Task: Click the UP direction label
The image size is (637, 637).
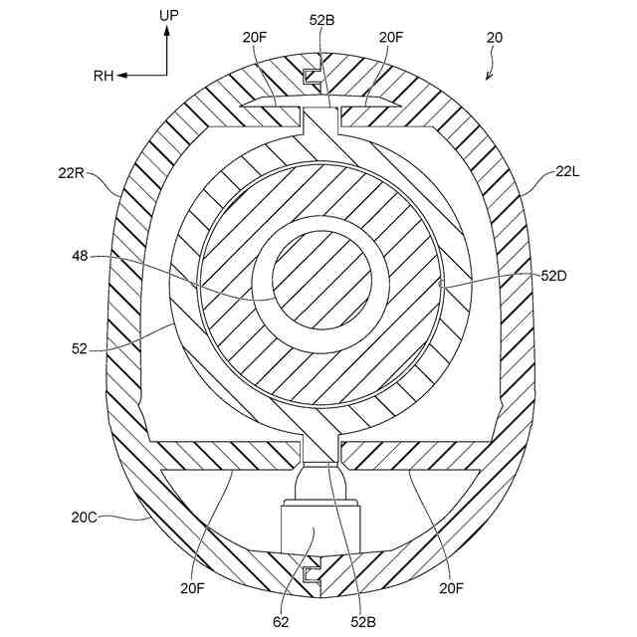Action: pos(168,15)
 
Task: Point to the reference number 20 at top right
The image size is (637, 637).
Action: pos(495,38)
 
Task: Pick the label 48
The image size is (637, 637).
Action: pos(79,256)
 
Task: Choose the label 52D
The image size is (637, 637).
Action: pos(554,277)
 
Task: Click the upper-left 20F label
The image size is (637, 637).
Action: pos(255,38)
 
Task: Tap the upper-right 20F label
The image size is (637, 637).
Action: pos(389,38)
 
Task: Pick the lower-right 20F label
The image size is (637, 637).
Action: pos(451,589)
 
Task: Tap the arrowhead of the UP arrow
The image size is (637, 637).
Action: pos(167,32)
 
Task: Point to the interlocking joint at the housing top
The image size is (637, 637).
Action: pos(312,74)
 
